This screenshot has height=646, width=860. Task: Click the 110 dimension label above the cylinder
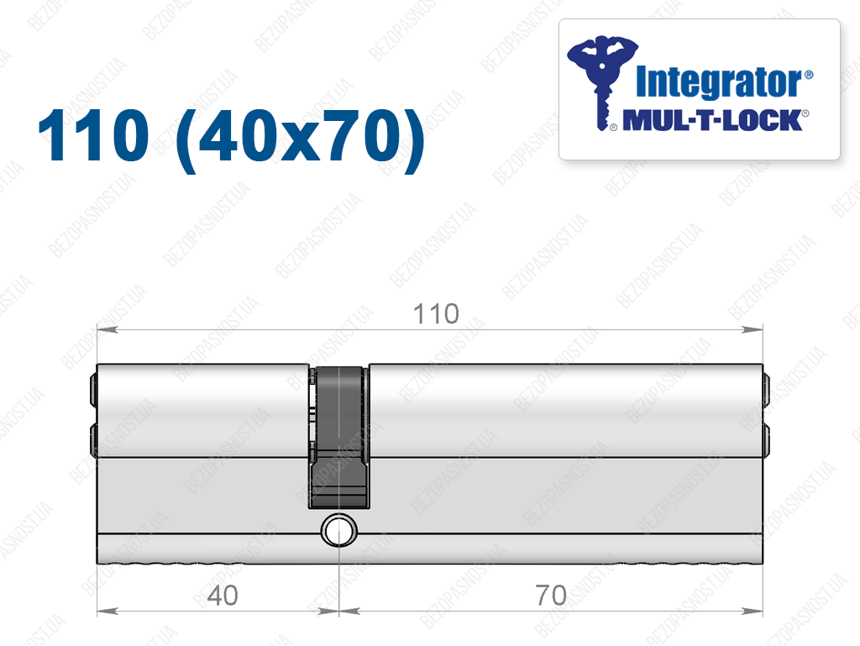pyautogui.click(x=436, y=314)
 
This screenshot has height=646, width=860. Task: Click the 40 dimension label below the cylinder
pyautogui.click(x=223, y=596)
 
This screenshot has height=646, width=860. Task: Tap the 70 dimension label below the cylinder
pyautogui.click(x=551, y=596)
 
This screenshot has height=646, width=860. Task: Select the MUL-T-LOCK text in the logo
pyautogui.click(x=712, y=121)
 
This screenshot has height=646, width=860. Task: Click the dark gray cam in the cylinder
pyautogui.click(x=339, y=437)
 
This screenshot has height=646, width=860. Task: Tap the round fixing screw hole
pyautogui.click(x=339, y=531)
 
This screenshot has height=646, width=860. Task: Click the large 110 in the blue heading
pyautogui.click(x=94, y=135)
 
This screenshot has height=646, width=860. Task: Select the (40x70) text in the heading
pyautogui.click(x=301, y=139)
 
